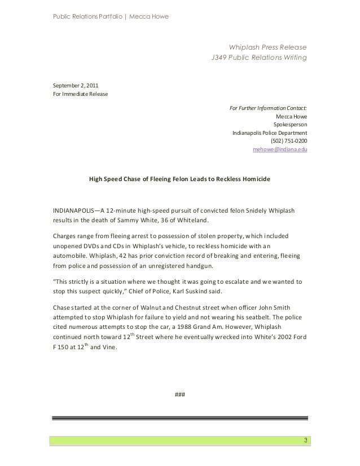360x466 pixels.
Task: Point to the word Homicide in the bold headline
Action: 256,179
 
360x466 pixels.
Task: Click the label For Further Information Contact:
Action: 268,108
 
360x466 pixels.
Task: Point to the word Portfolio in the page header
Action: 98,15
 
